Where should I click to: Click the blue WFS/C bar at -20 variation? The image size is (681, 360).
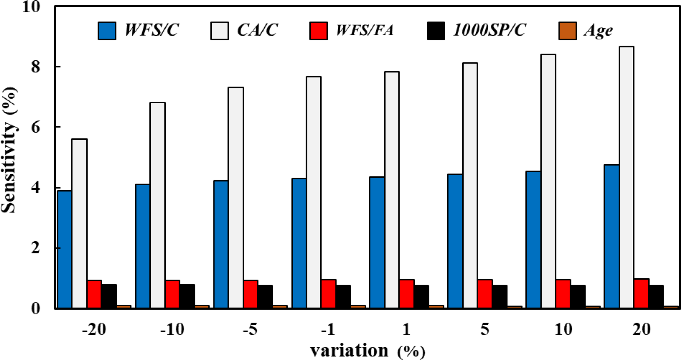click(65, 249)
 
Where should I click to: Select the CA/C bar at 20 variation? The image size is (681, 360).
click(626, 177)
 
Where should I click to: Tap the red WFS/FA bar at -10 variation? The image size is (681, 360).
click(172, 294)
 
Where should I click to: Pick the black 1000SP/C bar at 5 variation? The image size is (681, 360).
click(500, 296)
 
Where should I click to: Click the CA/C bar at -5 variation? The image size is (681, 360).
click(236, 198)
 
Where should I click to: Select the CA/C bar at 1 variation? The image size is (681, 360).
click(392, 190)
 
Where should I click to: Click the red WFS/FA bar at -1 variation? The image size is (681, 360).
click(329, 294)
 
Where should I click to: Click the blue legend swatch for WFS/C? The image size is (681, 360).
click(107, 31)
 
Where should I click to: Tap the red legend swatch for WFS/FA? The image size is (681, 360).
click(318, 31)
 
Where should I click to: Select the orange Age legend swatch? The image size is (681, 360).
click(568, 31)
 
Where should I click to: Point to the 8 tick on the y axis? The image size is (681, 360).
click(35, 67)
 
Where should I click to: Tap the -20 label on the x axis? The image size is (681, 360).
click(94, 330)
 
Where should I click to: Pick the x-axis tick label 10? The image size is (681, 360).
click(563, 330)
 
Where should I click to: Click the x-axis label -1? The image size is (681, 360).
click(328, 330)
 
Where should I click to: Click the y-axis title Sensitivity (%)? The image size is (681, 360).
click(9, 150)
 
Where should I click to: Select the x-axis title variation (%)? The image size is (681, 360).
click(368, 351)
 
